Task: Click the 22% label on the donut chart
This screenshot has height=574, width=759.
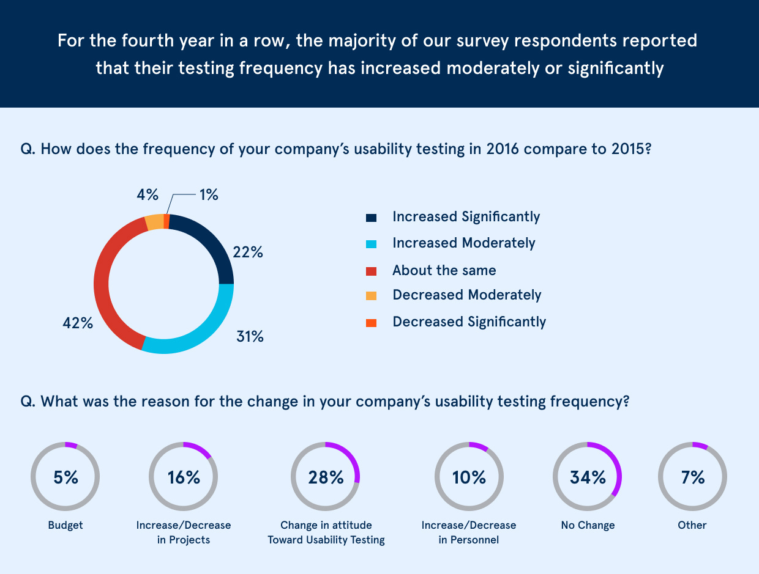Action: click(x=247, y=252)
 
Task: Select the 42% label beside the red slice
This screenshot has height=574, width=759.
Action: click(x=78, y=323)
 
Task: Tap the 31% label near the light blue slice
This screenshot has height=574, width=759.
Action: click(x=250, y=336)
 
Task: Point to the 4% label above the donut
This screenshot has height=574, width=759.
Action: click(x=148, y=195)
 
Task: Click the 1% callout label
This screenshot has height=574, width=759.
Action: click(x=208, y=195)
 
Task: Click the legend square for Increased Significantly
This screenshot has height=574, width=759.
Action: click(x=371, y=218)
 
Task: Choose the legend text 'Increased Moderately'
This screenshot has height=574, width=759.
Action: click(x=463, y=243)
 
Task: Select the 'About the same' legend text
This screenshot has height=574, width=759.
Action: click(x=444, y=270)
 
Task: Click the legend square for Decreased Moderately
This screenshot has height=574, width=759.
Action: click(x=371, y=296)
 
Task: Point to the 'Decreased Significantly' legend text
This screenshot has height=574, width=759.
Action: click(x=469, y=322)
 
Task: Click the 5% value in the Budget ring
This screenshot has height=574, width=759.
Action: click(x=65, y=477)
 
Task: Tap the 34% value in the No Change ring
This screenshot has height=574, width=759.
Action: click(x=588, y=477)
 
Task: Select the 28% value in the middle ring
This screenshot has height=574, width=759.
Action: click(x=326, y=477)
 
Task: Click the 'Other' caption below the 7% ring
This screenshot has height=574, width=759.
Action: click(x=692, y=525)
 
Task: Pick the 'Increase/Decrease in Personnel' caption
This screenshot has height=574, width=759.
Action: click(x=469, y=532)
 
